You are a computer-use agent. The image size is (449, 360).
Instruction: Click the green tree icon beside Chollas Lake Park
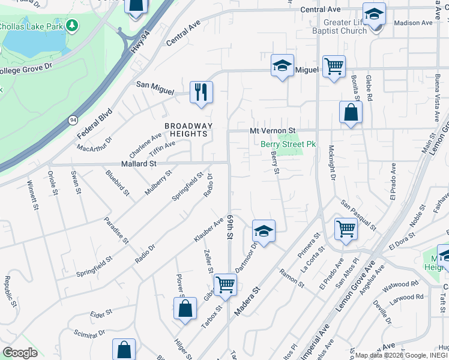tap(72, 25)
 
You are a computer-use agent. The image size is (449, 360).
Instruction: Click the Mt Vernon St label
tap(273, 130)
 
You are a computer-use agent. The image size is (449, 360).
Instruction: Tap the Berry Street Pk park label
tap(288, 144)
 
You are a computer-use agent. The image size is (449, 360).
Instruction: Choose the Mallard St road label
tap(139, 163)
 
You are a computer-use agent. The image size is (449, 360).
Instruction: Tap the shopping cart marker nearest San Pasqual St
tap(346, 229)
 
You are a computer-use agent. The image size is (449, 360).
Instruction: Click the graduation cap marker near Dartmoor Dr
tap(264, 230)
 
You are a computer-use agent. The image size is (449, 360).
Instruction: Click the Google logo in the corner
tap(20, 353)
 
